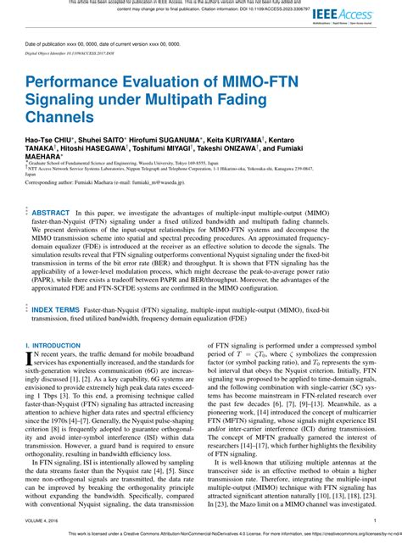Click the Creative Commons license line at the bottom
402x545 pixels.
pos(201,537)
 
